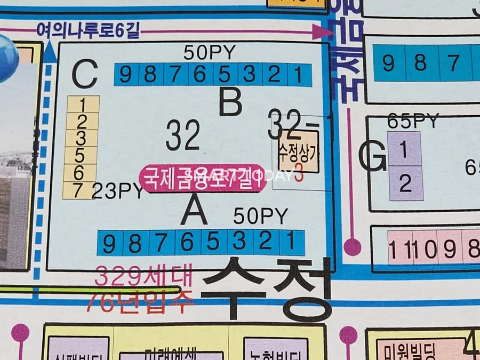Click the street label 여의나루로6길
pos(88,31)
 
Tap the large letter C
pos(85,75)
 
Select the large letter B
pos(230,102)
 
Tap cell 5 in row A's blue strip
pos(213,243)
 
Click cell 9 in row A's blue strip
pos(109,244)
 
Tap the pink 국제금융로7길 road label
pos(202,177)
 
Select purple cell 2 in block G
pos(405,184)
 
